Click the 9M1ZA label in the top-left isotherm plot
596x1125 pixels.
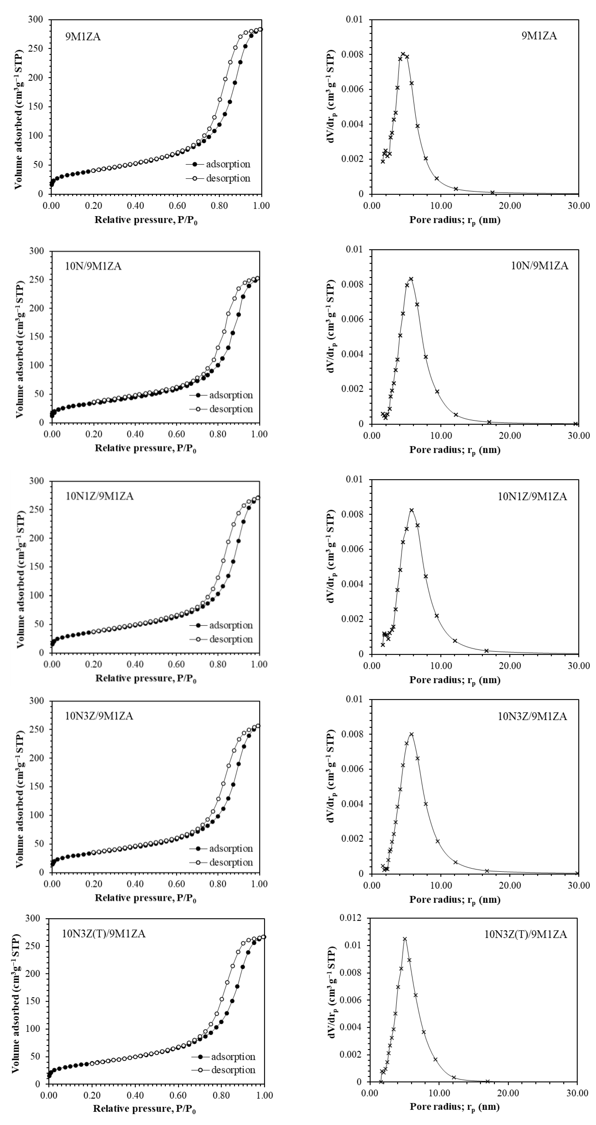click(x=83, y=37)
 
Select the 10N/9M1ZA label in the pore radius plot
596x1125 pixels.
click(x=540, y=266)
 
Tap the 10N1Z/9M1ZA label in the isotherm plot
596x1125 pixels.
click(x=100, y=496)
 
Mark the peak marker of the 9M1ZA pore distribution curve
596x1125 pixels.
click(x=403, y=54)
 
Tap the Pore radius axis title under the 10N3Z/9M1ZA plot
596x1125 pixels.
click(x=454, y=900)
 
